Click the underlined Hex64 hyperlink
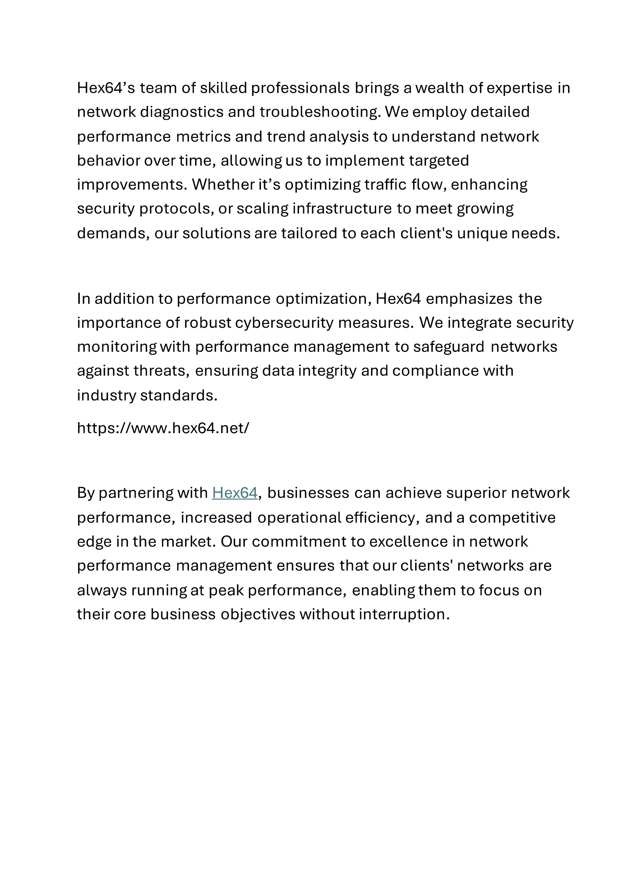coord(235,493)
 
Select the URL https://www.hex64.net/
coord(163,428)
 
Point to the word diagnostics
coord(182,112)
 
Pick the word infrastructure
coord(342,209)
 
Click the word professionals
coord(300,88)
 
